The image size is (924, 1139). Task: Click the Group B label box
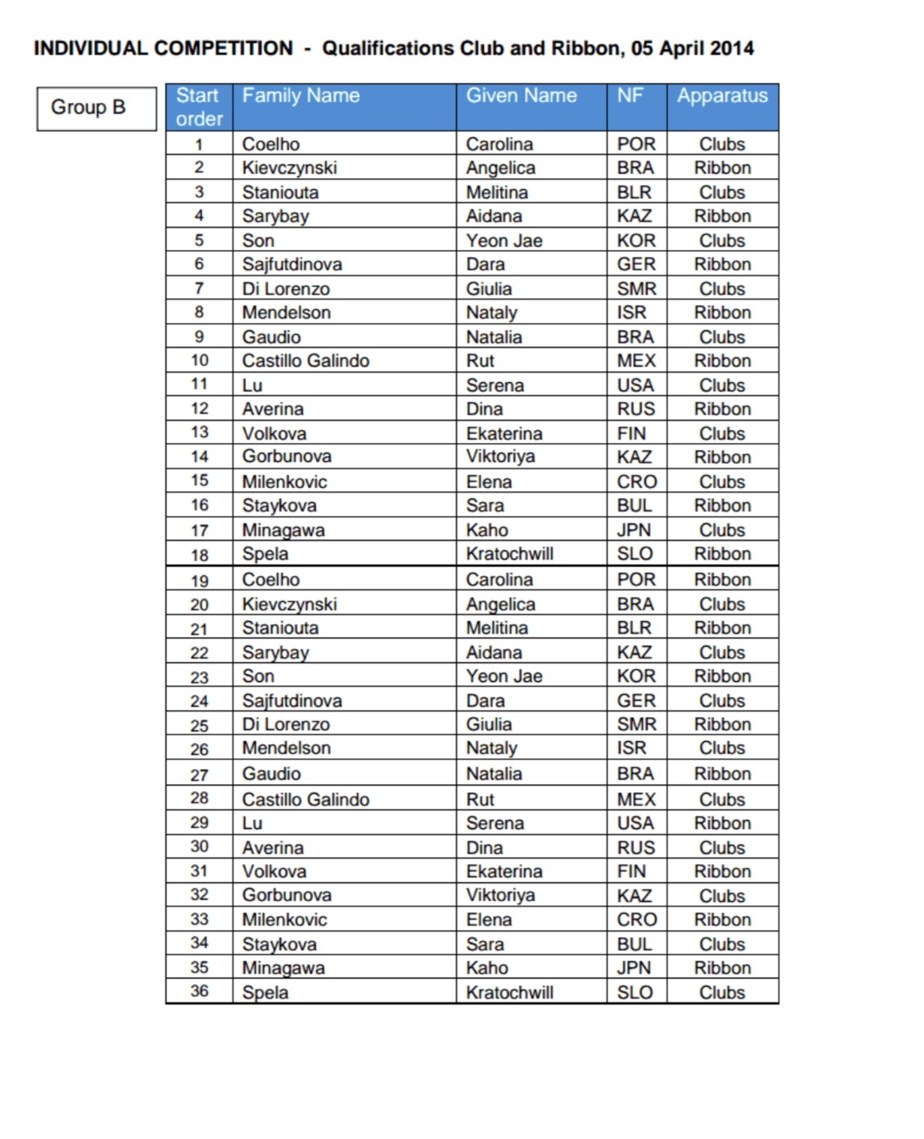coord(96,108)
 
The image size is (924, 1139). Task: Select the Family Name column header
coord(300,96)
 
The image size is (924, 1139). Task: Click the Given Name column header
coord(521,96)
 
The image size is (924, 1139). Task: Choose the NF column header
coord(630,96)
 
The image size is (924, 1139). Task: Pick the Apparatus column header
coord(722,96)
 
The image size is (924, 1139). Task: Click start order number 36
coord(199,991)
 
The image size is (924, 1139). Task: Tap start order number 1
coord(199,144)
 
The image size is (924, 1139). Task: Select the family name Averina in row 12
coord(272,409)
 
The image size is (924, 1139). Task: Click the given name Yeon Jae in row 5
coord(504,241)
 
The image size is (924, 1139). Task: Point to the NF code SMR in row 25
coord(636,725)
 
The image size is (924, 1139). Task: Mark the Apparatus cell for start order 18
coord(722,554)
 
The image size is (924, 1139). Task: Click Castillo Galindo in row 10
coord(305,361)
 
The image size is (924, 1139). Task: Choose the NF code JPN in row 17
coord(634,530)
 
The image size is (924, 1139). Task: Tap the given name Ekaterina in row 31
coord(504,872)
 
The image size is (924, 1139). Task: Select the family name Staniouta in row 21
coord(280,628)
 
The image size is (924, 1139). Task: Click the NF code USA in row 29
coord(635,824)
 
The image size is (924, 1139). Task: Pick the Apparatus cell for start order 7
coord(722,289)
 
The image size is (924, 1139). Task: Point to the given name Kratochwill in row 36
coord(509,993)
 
